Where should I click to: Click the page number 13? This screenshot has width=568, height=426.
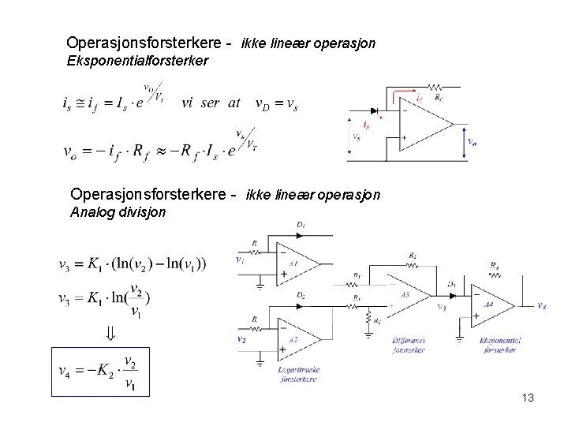(x=528, y=398)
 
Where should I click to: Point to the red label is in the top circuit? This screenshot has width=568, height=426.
(x=365, y=125)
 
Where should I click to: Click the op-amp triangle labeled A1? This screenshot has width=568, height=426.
(x=291, y=262)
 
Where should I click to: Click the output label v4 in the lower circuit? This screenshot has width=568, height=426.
(x=541, y=306)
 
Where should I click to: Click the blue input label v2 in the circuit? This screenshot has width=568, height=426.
(x=241, y=338)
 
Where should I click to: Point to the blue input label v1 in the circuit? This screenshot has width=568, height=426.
(x=241, y=259)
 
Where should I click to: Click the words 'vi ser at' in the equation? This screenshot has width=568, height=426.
(x=211, y=103)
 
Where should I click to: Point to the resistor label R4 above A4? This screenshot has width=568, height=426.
(x=493, y=265)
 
